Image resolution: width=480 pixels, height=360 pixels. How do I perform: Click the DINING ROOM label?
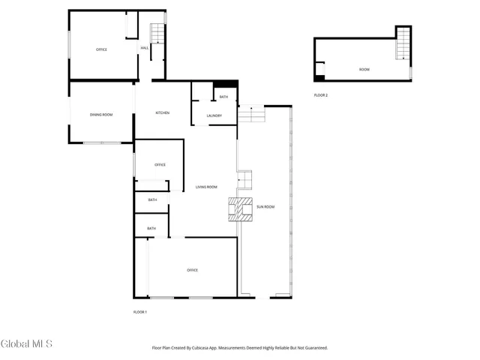point(101,114)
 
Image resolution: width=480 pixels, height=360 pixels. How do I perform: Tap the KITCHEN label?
point(162,112)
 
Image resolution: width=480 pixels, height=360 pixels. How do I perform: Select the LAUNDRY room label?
point(214,115)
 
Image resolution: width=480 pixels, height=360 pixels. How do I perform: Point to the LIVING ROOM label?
point(206,187)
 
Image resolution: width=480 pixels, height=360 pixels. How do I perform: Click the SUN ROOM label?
point(265,206)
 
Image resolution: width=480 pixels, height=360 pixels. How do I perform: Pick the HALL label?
point(144,48)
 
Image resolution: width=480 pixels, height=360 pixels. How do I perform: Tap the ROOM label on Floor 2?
point(364,69)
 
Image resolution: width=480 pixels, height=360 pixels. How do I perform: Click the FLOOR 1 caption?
point(140,311)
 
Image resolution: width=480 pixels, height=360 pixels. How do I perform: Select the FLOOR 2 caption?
point(321,95)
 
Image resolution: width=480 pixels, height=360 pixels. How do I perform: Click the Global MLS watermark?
point(26,344)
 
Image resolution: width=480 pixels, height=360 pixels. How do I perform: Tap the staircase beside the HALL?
point(157,34)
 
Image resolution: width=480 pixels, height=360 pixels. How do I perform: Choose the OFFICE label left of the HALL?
point(101,49)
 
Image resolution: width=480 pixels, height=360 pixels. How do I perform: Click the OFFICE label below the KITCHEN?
point(160,164)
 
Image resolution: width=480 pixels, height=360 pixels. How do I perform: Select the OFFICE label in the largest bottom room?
point(193,270)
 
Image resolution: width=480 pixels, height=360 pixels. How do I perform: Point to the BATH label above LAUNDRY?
point(223,97)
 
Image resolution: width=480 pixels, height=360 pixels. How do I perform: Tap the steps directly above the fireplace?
point(245,181)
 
